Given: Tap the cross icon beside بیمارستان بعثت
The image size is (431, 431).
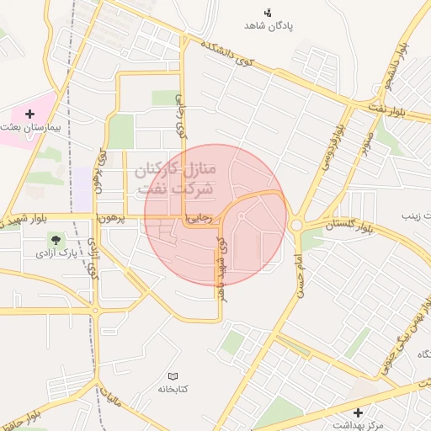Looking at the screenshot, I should click(x=31, y=113).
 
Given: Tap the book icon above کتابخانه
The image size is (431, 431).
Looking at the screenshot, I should click(x=173, y=376).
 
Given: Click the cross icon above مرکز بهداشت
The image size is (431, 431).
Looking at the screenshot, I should click(x=359, y=412).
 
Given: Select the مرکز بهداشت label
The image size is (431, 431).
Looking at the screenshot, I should click(x=359, y=425).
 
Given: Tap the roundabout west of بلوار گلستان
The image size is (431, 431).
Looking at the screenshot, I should click(x=296, y=226).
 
